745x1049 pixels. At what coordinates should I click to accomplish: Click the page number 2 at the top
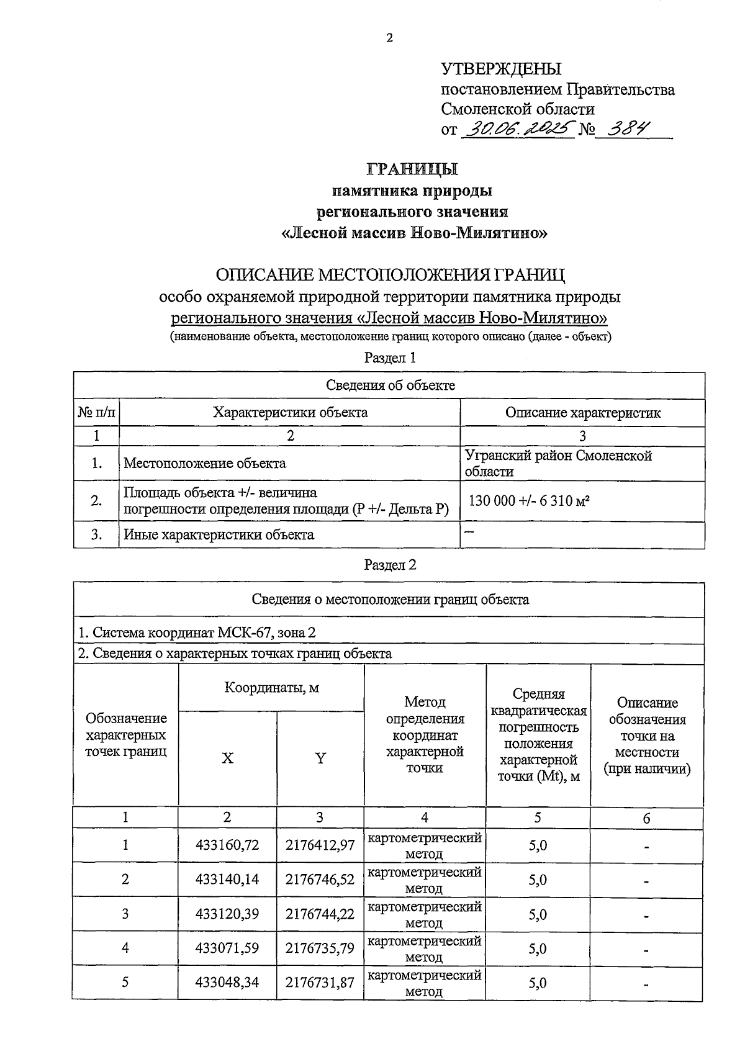[x=389, y=38]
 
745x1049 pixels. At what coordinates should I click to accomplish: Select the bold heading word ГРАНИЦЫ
[x=412, y=169]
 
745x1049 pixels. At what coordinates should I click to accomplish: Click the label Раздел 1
[x=389, y=358]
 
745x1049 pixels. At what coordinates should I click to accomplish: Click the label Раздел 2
[x=389, y=565]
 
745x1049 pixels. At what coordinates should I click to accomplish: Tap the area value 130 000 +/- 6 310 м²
[x=528, y=501]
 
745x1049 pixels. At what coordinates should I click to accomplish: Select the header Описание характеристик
[x=582, y=413]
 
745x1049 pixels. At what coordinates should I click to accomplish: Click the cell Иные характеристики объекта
[x=219, y=534]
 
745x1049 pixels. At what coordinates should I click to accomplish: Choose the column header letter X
[x=228, y=758]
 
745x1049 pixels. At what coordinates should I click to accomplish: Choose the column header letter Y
[x=320, y=758]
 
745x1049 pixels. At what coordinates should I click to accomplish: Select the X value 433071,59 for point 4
[x=227, y=948]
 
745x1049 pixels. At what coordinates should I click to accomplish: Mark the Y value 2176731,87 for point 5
[x=320, y=983]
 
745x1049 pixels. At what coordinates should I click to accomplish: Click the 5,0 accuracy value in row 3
[x=538, y=914]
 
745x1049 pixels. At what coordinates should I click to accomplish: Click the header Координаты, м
[x=271, y=688]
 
